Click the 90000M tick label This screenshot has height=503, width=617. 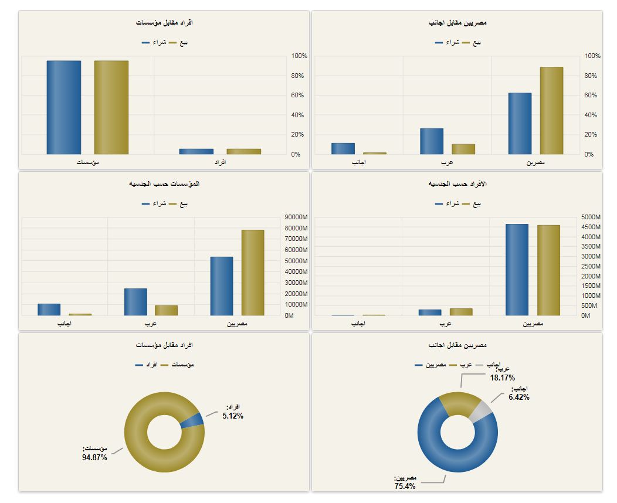point(296,217)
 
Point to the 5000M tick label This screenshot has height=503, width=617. point(591,217)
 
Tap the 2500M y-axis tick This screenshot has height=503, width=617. point(591,266)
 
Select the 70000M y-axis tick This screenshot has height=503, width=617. point(296,239)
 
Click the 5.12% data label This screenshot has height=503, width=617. point(233,416)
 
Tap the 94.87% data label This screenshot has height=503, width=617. point(94,457)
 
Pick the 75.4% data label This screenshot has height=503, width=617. point(405,486)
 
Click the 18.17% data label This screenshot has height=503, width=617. point(503,378)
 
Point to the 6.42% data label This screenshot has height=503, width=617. point(519,397)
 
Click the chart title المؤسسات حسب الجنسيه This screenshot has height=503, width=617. point(164,183)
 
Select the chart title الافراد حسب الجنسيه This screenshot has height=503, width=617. point(457,183)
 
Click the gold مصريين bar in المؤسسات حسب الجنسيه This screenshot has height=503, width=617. point(253,273)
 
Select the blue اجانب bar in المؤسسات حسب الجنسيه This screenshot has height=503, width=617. point(49,309)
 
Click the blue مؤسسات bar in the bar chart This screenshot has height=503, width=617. point(64,107)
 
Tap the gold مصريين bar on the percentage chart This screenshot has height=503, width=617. point(551,111)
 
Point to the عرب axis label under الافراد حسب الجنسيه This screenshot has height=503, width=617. point(446,324)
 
